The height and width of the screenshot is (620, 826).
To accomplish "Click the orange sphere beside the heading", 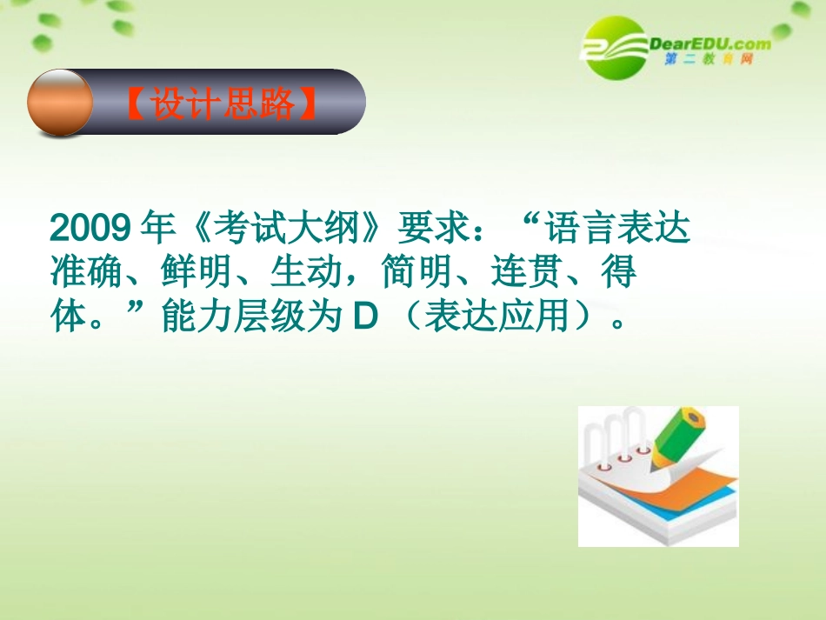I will (x=59, y=103).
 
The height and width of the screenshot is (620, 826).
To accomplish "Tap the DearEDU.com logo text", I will (x=709, y=43).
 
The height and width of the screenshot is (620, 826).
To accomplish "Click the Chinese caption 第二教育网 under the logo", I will (x=708, y=60).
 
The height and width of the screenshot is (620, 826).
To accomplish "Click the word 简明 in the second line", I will (x=410, y=274).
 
